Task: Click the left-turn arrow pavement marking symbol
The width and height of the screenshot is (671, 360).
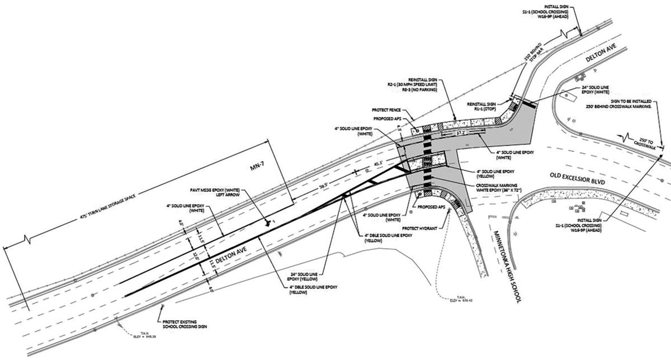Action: coord(270,222)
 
